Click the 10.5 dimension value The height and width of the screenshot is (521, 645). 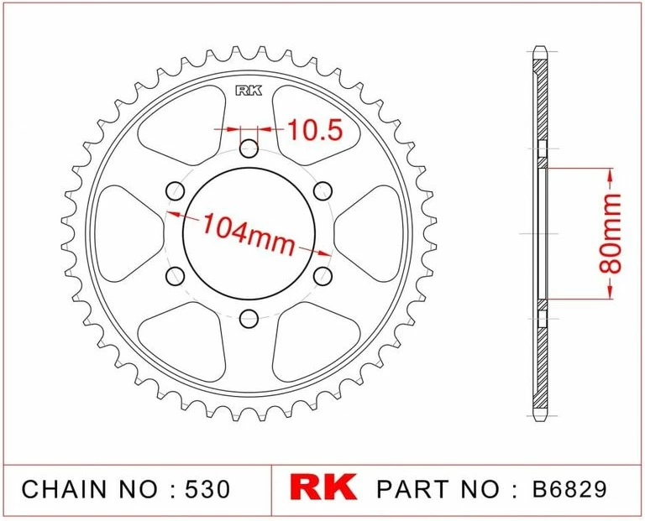315,130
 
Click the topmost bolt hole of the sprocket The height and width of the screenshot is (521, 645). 249,150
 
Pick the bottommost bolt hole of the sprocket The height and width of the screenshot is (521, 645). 249,318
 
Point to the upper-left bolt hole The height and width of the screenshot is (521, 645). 176,191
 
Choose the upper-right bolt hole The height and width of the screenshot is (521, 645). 322,191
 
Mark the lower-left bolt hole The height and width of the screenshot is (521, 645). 176,276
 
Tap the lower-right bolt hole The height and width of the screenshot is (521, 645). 322,276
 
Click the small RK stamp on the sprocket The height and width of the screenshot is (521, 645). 248,91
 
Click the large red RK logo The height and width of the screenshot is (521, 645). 323,488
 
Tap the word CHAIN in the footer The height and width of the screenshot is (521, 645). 63,489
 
